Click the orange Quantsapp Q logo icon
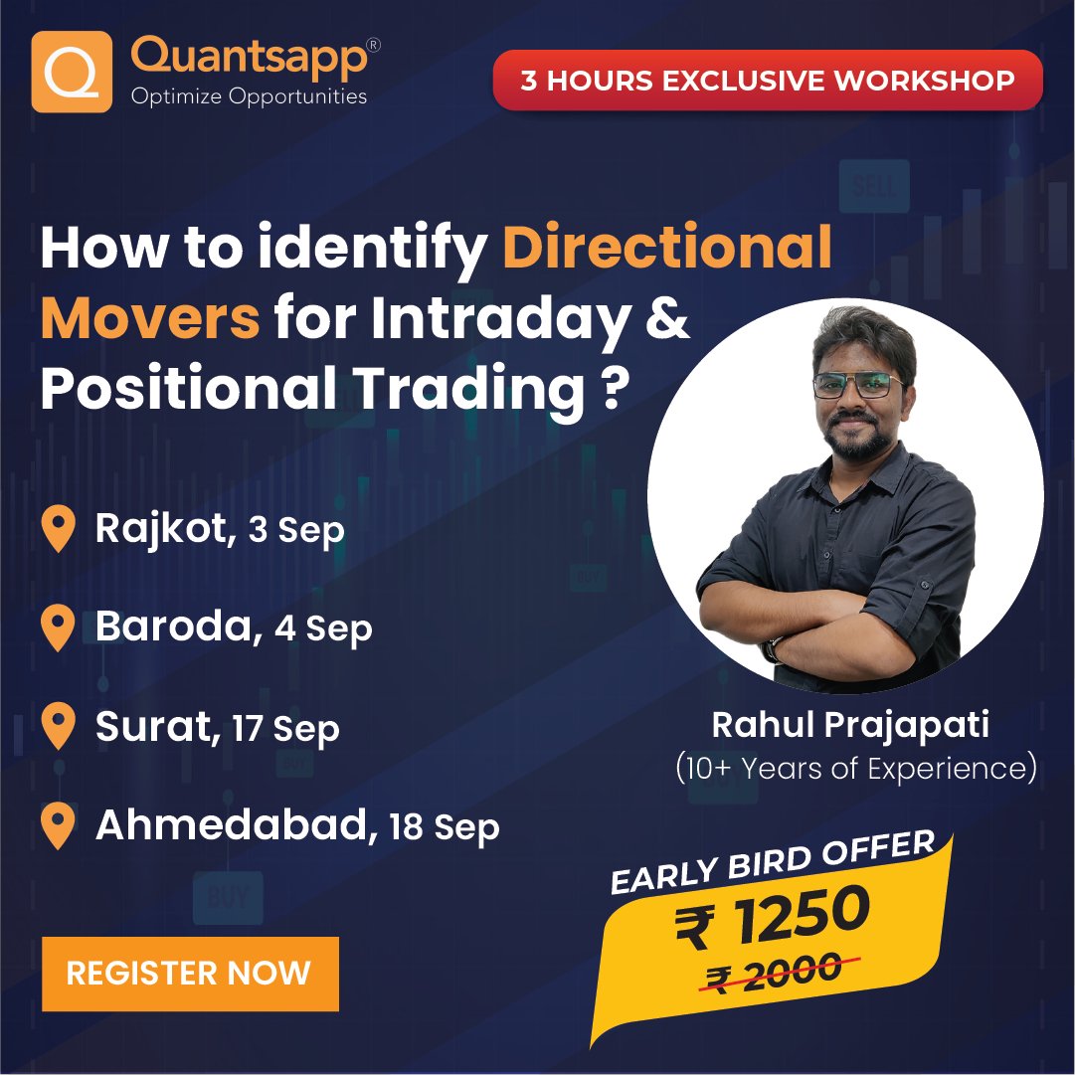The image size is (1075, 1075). [x=71, y=72]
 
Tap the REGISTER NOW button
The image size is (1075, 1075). [x=189, y=973]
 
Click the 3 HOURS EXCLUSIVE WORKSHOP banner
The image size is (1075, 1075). [x=767, y=80]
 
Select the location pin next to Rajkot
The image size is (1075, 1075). [x=60, y=528]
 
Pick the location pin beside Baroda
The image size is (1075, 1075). [x=60, y=627]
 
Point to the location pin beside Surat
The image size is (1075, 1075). [x=60, y=727]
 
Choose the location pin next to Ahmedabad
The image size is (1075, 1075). [x=60, y=826]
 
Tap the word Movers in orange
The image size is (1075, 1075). [x=150, y=320]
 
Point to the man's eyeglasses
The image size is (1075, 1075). [x=857, y=385]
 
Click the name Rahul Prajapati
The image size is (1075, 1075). [x=850, y=725]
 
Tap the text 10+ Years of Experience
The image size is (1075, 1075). [x=855, y=768]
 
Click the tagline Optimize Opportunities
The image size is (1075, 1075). [x=249, y=96]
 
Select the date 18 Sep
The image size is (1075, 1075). [x=445, y=826]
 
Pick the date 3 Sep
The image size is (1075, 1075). [x=296, y=529]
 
